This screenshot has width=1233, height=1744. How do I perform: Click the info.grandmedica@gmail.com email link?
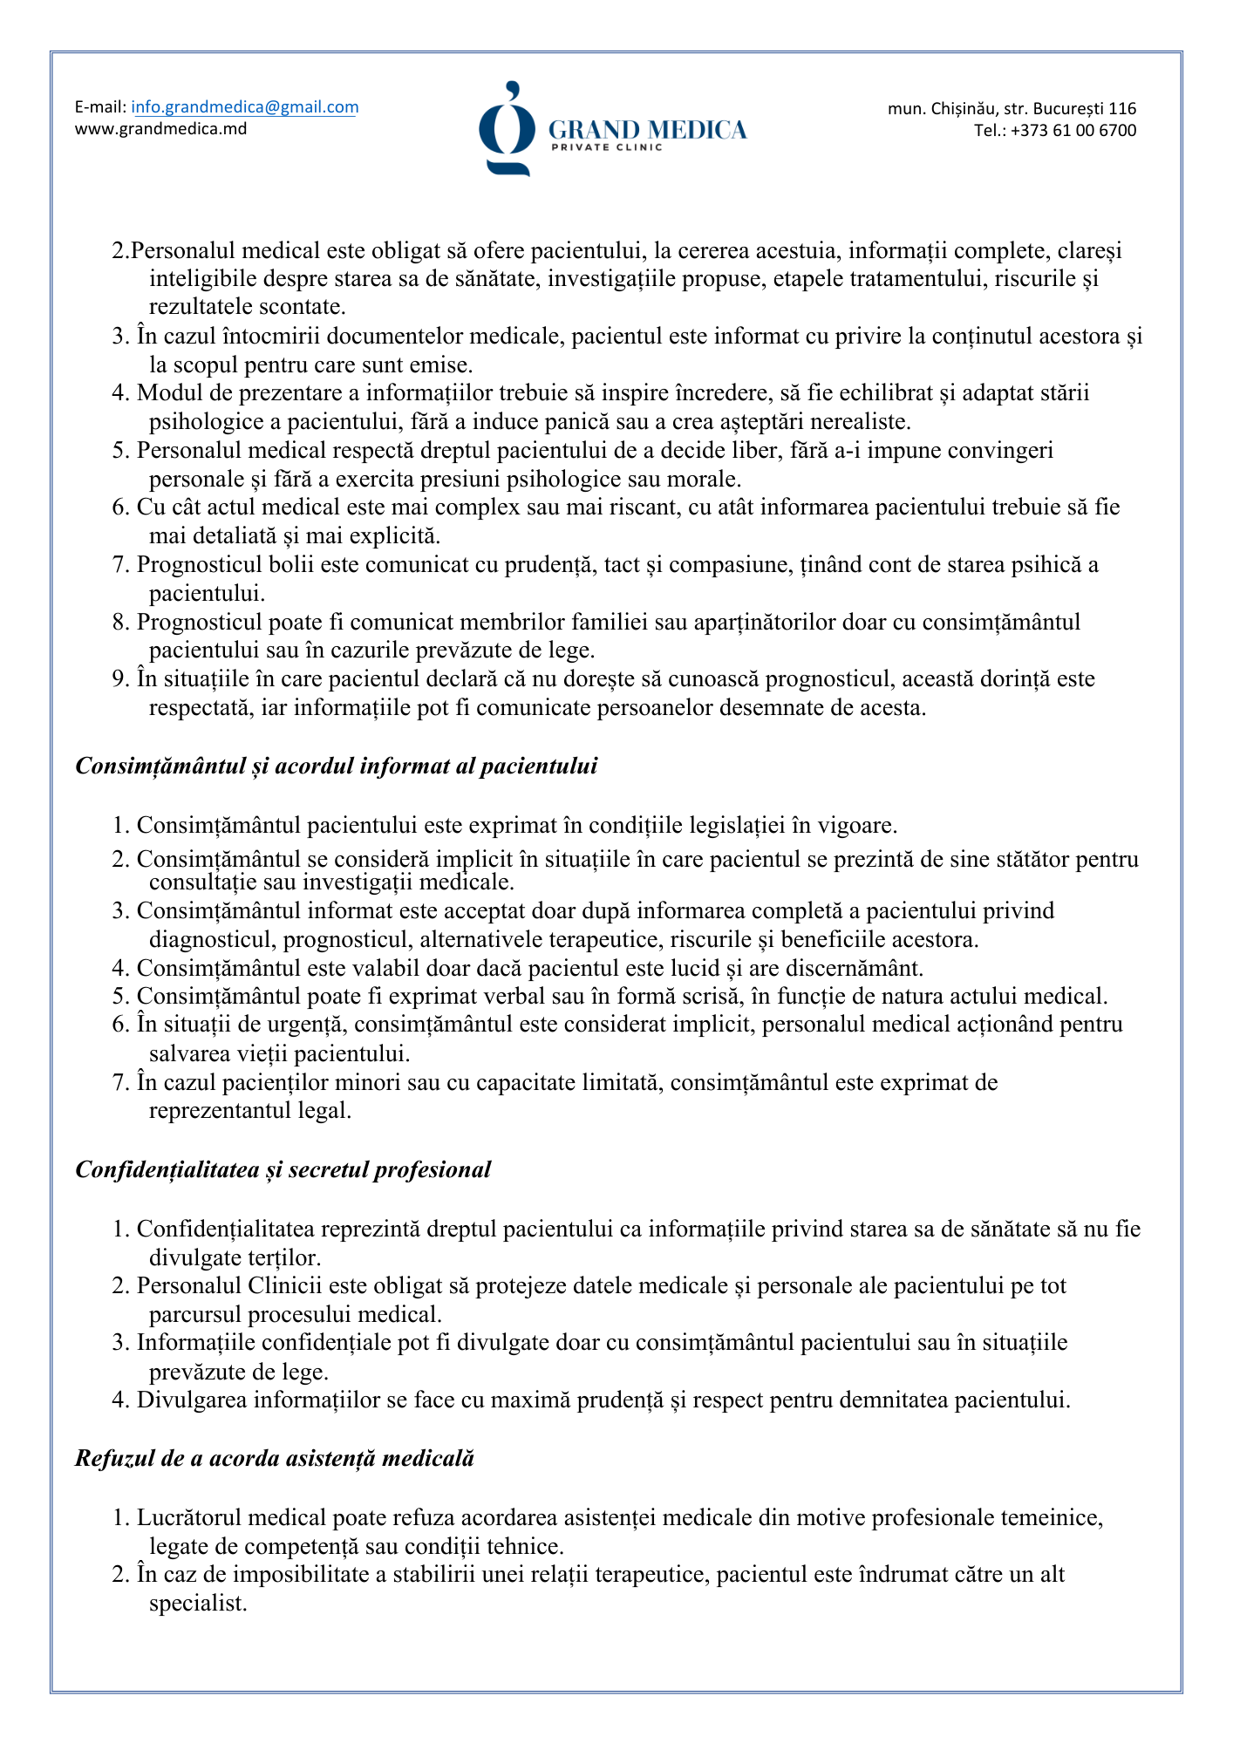point(244,107)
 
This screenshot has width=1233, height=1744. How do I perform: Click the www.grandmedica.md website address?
point(160,129)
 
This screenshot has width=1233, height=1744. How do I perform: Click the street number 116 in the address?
point(1122,109)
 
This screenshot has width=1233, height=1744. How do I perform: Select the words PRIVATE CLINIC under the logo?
point(606,148)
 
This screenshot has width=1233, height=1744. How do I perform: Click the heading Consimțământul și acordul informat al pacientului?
point(337,766)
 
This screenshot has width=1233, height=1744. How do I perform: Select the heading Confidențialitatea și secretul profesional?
point(283,1170)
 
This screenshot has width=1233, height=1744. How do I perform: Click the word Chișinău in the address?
point(963,109)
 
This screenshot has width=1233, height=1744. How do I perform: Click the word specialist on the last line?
point(197,1603)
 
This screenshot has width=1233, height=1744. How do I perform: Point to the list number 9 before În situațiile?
point(119,679)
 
